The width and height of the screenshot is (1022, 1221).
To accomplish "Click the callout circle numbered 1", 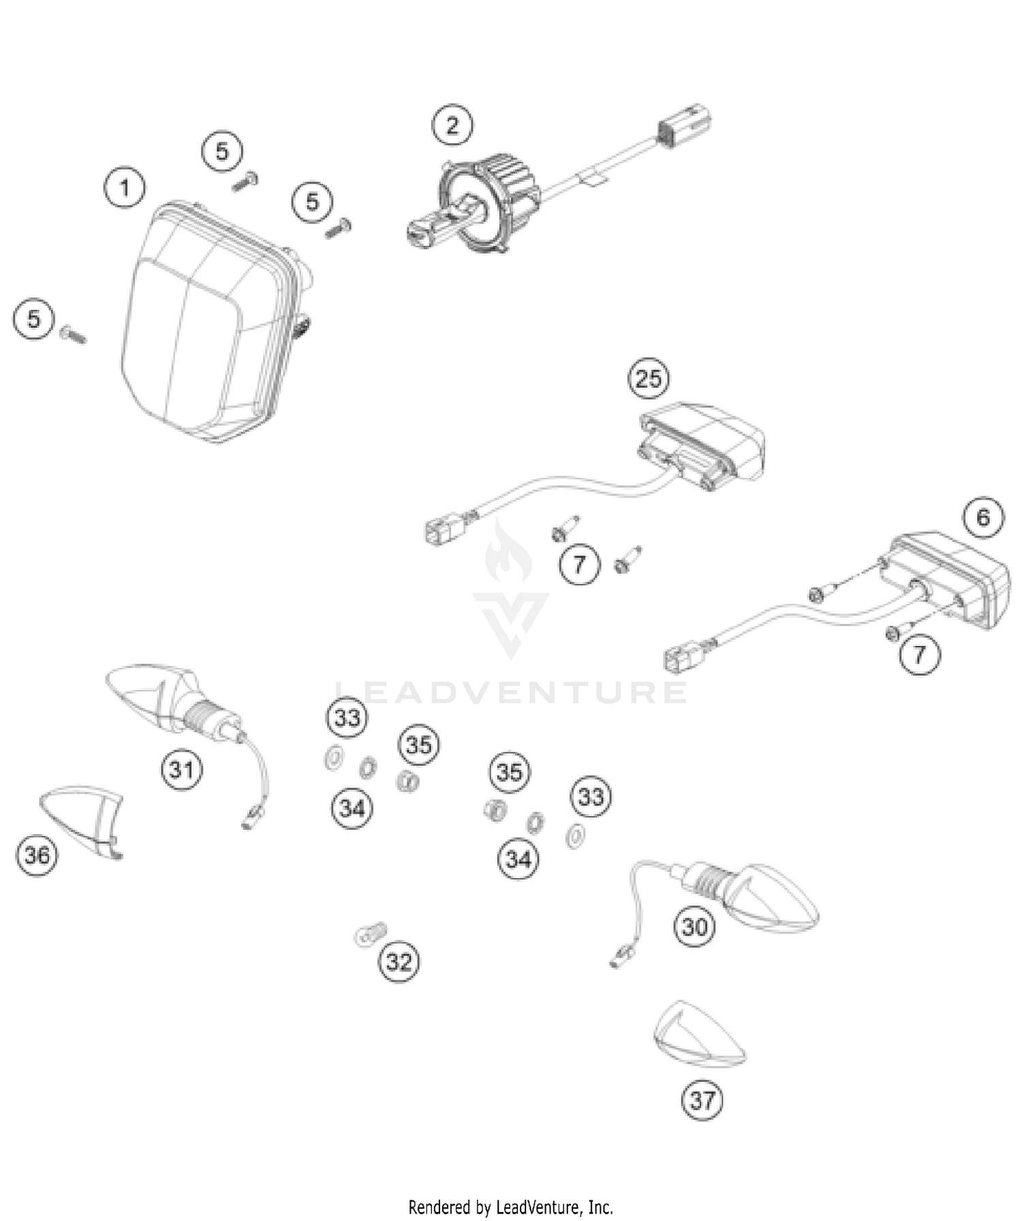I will (x=124, y=187).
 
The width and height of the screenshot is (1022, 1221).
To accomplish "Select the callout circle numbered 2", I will (x=452, y=125).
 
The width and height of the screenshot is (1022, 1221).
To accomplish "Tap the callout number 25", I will (x=648, y=377).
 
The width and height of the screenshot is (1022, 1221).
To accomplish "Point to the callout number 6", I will (x=983, y=517).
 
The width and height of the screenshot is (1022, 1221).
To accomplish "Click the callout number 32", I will (x=399, y=961).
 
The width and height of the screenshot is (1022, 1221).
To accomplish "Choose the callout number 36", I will (x=37, y=854).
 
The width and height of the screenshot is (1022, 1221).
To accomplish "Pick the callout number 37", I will (x=702, y=1100).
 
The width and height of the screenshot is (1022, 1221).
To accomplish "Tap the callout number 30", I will (x=695, y=927).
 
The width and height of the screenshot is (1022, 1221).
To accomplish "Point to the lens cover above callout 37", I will (x=698, y=1036).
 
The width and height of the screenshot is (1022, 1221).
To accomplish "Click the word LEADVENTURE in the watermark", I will (x=511, y=692).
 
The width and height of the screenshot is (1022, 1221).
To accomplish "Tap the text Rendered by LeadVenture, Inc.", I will (x=511, y=1207).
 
